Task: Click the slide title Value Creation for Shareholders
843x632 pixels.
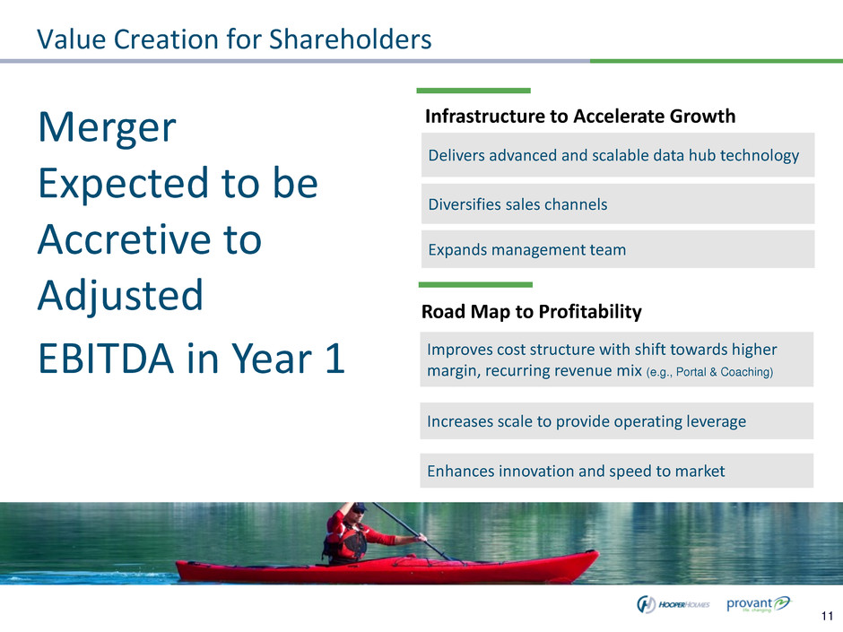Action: click(x=234, y=39)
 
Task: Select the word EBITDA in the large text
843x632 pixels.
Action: click(x=106, y=358)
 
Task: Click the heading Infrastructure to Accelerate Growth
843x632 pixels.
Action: click(x=580, y=116)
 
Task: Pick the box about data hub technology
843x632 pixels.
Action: click(x=618, y=155)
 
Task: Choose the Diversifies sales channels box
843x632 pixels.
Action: click(x=618, y=203)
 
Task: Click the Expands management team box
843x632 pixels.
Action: click(x=618, y=249)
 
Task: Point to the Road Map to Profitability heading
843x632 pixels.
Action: click(x=531, y=312)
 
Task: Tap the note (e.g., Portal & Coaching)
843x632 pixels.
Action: click(x=709, y=372)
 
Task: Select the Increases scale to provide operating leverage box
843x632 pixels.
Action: click(x=617, y=420)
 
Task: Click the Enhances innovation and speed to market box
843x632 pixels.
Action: click(x=617, y=471)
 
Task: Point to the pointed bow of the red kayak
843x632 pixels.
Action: click(x=595, y=553)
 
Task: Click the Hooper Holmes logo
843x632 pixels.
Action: click(x=674, y=604)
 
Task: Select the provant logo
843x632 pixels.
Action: click(x=759, y=603)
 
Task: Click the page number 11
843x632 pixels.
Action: click(x=828, y=616)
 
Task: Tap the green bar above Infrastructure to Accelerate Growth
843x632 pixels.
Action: click(x=474, y=91)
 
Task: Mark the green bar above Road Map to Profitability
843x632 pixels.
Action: click(x=475, y=285)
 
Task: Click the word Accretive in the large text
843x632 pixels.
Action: click(x=150, y=239)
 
